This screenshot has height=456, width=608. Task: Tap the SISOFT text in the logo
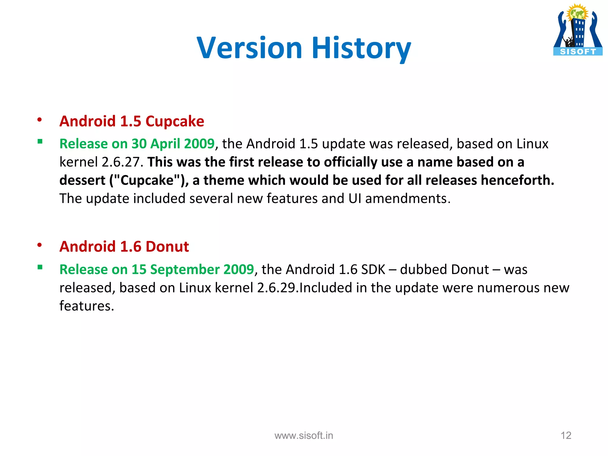point(578,52)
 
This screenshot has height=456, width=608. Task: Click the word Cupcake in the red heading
point(175,121)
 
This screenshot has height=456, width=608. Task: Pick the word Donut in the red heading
point(167,246)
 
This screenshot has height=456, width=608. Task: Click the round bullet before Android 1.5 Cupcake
point(39,120)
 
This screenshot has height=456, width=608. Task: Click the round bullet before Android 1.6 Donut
point(39,245)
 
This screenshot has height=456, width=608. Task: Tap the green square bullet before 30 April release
point(40,142)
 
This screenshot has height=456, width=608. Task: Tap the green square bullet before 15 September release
point(40,267)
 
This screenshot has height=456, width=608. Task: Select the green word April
point(165,144)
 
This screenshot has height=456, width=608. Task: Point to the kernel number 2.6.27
point(121,162)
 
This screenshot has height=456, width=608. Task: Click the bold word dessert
point(82,180)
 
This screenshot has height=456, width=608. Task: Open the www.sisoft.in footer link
point(304,436)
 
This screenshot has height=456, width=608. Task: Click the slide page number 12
point(566,436)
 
